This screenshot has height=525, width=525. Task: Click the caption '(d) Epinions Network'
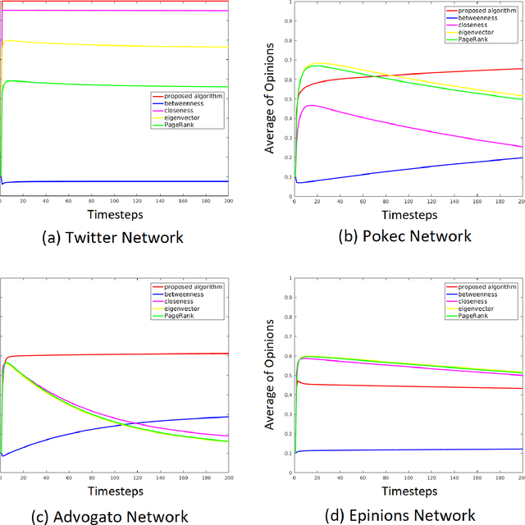(407, 515)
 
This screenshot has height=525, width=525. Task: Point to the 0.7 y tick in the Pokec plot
(286, 60)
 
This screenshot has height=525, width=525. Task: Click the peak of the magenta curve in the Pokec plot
(309, 105)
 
